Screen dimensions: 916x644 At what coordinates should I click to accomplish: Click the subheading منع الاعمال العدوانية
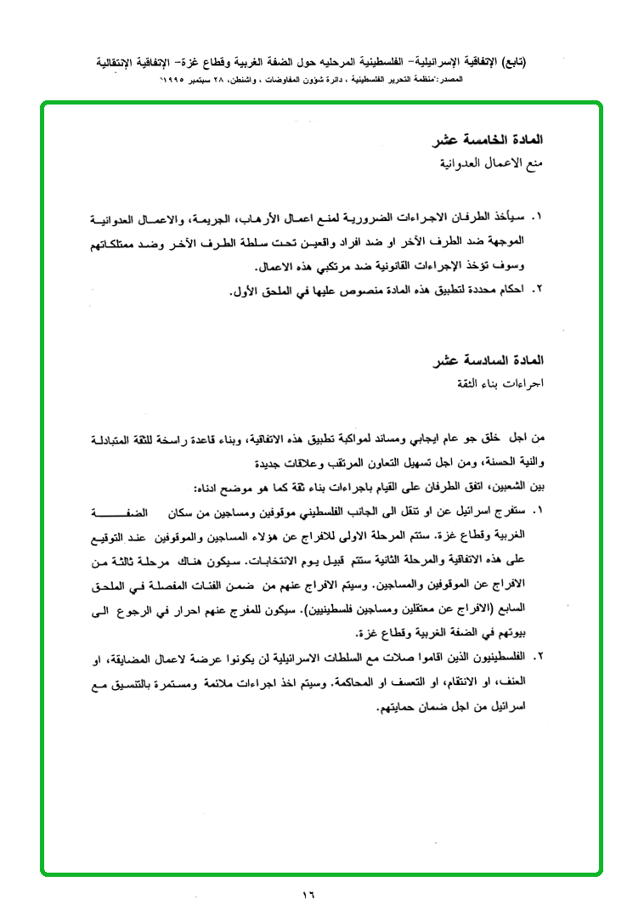click(494, 161)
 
